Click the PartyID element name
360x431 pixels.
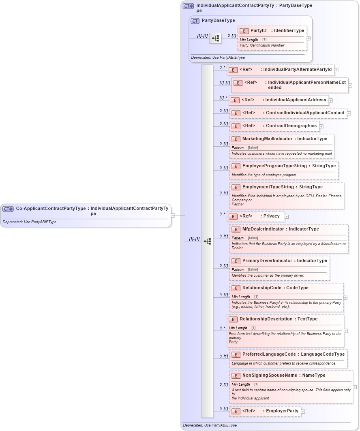tap(258, 30)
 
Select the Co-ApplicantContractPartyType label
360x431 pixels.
tap(51, 209)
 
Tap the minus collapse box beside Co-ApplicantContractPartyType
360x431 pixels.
tap(173, 215)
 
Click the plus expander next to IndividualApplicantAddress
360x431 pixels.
tap(330, 100)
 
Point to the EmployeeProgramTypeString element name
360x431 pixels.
tap(269, 166)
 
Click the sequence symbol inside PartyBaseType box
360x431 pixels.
tap(215, 38)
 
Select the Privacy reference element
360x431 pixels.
tap(271, 216)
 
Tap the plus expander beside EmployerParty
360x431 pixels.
tap(303, 412)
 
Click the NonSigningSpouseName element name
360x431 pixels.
tap(269, 375)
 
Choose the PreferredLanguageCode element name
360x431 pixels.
tap(269, 354)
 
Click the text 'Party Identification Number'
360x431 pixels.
tap(262, 45)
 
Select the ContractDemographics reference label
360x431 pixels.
tap(291, 126)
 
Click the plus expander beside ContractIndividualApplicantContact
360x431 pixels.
tap(349, 113)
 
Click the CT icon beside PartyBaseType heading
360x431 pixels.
tap(195, 21)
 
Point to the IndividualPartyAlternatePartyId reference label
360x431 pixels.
tap(297, 70)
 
